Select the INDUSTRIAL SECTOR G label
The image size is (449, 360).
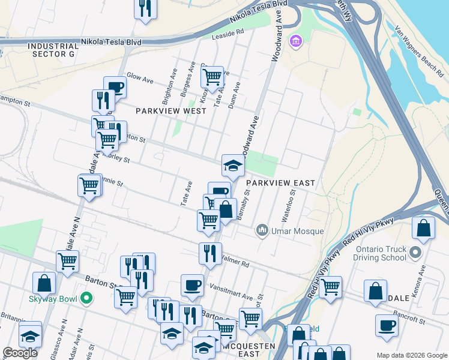pos(53,50)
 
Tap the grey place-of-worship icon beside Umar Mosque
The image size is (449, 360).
pos(262,230)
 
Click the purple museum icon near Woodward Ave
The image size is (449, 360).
pos(295,41)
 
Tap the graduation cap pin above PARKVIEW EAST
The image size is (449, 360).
pos(233,165)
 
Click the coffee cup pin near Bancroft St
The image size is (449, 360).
pos(387,325)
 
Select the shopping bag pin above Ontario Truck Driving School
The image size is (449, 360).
pos(424,228)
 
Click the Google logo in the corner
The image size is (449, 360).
pos(20,353)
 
